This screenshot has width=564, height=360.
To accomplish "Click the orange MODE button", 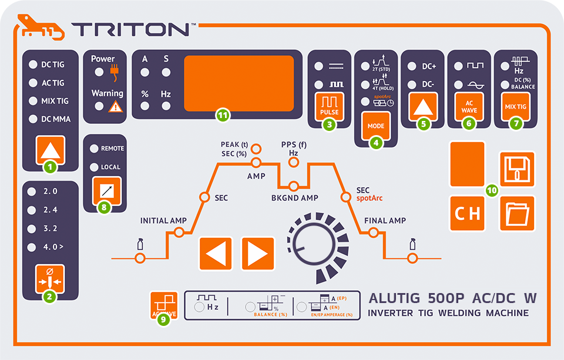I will pyautogui.click(x=375, y=125).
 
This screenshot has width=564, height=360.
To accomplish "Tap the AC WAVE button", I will pyautogui.click(x=468, y=106).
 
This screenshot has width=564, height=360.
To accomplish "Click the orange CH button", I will pyautogui.click(x=467, y=213).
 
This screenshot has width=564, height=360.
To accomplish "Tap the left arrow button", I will pyautogui.click(x=216, y=254).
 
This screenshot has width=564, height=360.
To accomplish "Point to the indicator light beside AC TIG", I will pyautogui.click(x=33, y=83).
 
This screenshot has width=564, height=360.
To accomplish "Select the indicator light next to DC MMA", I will pyautogui.click(x=33, y=119).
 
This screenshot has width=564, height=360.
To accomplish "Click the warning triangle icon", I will pyautogui.click(x=116, y=106).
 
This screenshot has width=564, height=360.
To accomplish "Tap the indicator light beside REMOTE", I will pyautogui.click(x=94, y=149).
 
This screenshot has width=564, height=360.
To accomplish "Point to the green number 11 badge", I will pyautogui.click(x=222, y=115).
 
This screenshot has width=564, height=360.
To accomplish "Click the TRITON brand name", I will pyautogui.click(x=130, y=29).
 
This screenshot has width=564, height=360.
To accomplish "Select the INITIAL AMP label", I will pyautogui.click(x=163, y=221).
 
